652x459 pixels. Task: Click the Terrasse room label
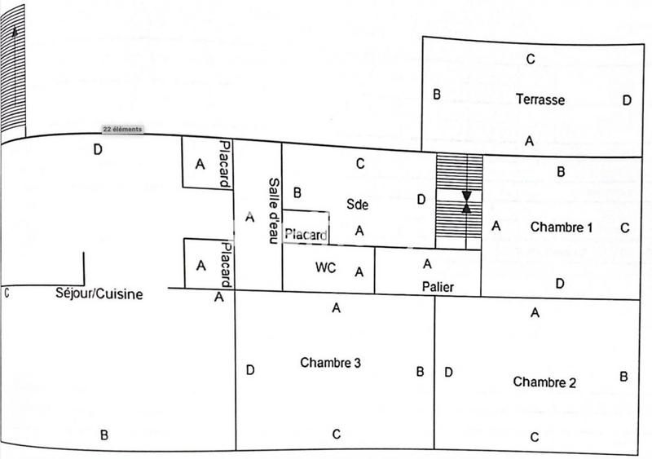[x=540, y=99]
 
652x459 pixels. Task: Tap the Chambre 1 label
[x=561, y=227]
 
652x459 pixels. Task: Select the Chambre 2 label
[x=545, y=382]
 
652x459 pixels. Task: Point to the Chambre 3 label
[x=330, y=363]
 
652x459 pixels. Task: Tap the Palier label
[x=438, y=287]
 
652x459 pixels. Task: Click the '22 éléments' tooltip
[x=122, y=129]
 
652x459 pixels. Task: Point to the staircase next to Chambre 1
[x=459, y=201]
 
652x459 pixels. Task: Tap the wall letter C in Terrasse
[x=530, y=58]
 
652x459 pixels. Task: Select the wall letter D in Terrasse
[x=626, y=100]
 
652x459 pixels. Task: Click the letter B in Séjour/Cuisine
[x=104, y=435]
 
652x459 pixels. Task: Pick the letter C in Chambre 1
[x=624, y=228]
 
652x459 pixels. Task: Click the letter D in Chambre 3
[x=250, y=371]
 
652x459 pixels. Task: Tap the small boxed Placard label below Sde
[x=306, y=236]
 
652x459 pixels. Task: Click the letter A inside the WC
[x=359, y=272]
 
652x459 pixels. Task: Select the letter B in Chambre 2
[x=623, y=377]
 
